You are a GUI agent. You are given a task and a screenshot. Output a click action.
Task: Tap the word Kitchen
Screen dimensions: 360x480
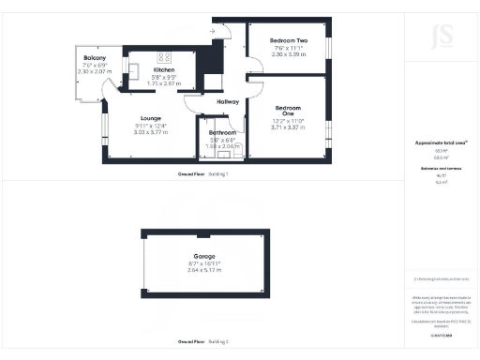pos(164,70)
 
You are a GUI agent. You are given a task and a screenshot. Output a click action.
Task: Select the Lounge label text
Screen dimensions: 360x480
pos(151,118)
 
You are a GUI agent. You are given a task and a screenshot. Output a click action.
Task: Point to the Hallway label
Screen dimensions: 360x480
pos(229,101)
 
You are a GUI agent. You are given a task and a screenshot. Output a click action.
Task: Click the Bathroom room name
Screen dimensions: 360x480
pos(222,133)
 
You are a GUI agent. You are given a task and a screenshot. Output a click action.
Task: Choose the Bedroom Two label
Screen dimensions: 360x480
pos(289,41)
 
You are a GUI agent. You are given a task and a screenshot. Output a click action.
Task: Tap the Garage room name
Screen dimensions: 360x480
pos(204,256)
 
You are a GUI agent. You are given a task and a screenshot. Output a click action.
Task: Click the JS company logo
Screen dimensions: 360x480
pos(441,38)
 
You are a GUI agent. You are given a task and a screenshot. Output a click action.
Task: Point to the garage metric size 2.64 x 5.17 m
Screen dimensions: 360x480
pos(204,271)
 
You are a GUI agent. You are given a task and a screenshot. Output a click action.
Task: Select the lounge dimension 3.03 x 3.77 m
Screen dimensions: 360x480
pos(151,133)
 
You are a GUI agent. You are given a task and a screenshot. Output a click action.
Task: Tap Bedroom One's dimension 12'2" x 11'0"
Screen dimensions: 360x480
pos(289,121)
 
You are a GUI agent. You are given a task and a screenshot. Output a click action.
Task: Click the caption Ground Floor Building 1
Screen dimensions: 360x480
pos(203,174)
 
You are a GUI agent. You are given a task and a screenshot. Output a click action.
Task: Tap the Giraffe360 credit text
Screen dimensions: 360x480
pos(441,333)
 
